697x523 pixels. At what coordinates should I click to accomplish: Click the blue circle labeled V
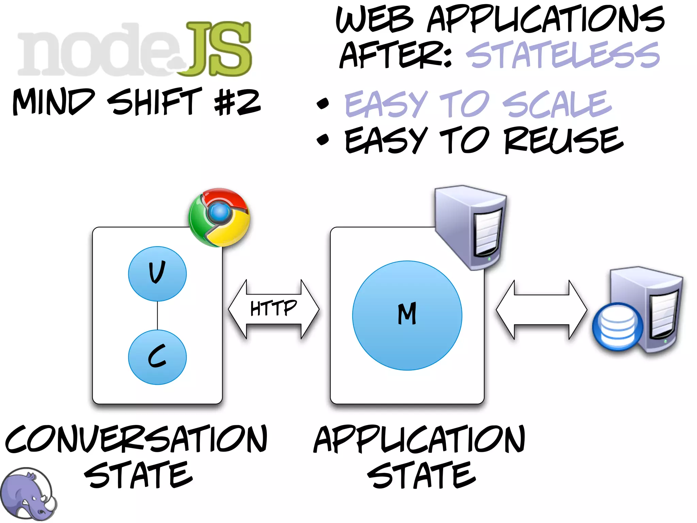click(x=157, y=274)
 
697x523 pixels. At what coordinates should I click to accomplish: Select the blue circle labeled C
click(x=157, y=357)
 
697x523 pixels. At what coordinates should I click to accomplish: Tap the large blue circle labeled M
click(x=407, y=315)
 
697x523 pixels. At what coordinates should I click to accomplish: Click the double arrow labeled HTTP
click(x=274, y=309)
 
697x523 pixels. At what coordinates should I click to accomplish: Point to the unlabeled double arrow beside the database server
click(x=541, y=310)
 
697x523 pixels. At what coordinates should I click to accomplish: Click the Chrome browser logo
click(x=219, y=217)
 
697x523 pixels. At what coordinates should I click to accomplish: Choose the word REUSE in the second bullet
click(x=564, y=140)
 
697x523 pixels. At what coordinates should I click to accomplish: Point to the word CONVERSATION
click(x=136, y=440)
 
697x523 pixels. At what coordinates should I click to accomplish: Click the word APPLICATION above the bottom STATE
click(x=419, y=440)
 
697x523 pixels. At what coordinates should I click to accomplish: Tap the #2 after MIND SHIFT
click(x=238, y=101)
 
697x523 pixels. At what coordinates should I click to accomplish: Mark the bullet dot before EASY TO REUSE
click(x=323, y=139)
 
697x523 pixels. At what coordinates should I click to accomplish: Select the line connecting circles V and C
click(x=157, y=315)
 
